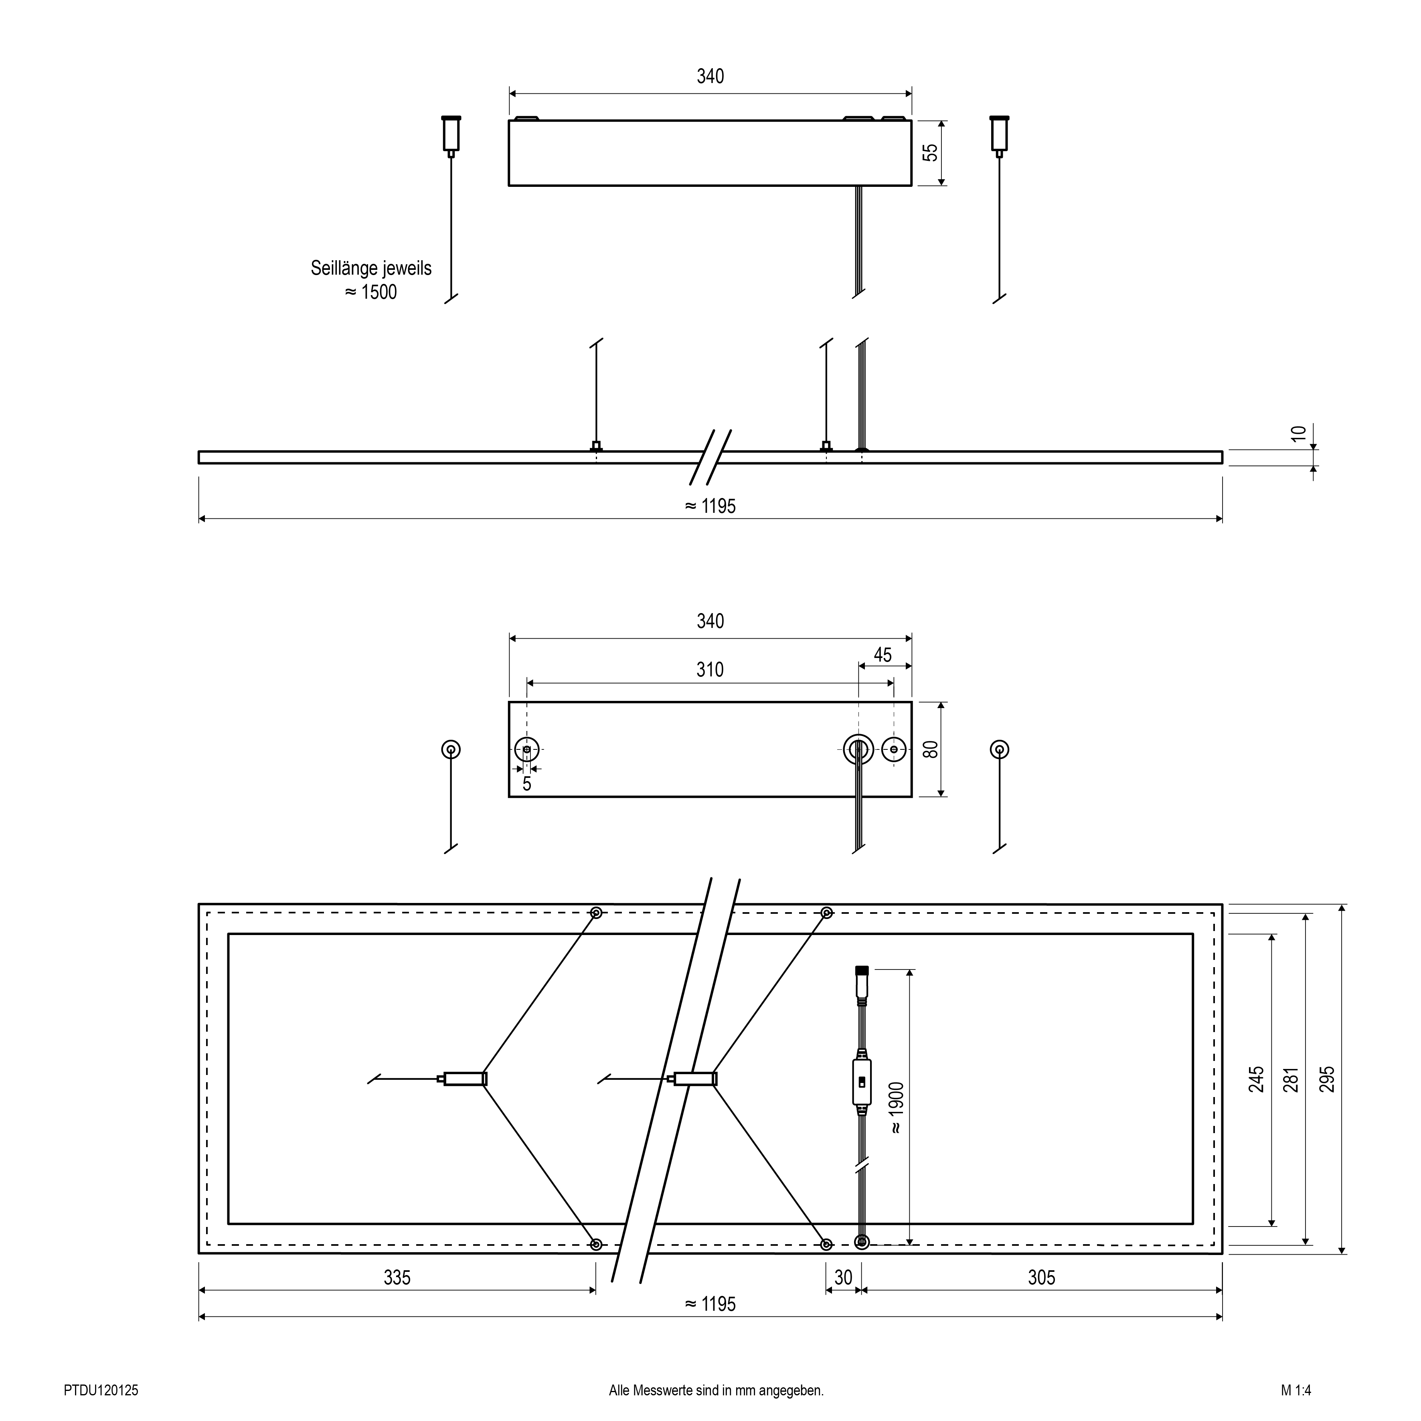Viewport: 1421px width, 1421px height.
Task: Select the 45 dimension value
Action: (883, 655)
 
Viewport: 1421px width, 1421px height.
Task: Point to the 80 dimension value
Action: (931, 749)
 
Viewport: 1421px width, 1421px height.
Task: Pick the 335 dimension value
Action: (397, 1277)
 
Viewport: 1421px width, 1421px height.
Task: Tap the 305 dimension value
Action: (1041, 1277)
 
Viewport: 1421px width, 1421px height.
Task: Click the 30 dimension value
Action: (844, 1277)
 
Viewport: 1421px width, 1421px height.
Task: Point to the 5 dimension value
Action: (526, 784)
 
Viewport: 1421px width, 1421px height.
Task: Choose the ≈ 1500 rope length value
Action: (371, 292)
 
